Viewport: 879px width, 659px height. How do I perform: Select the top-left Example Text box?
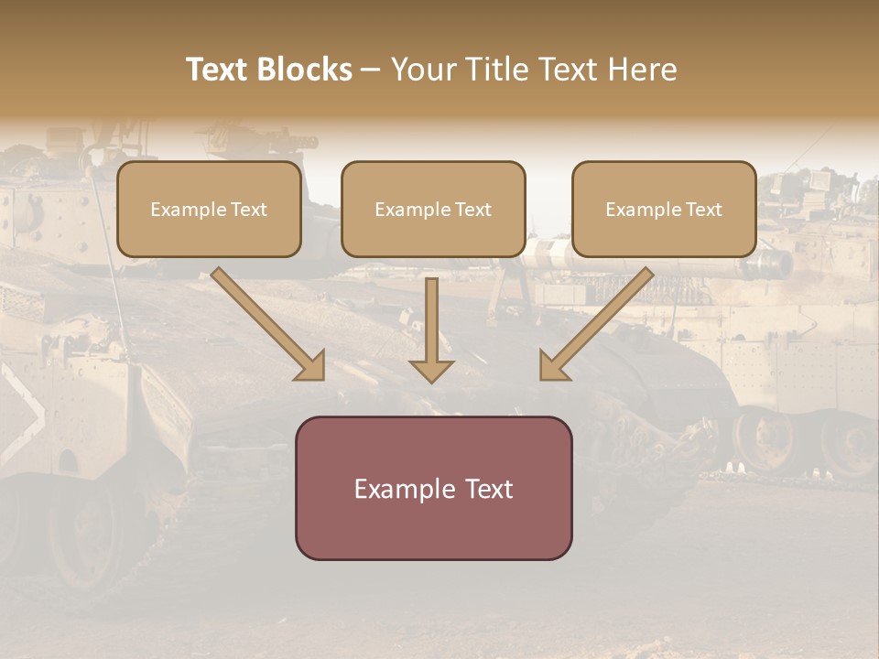209,209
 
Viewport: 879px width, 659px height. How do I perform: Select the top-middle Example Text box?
433,209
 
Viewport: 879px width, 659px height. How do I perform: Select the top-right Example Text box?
664,209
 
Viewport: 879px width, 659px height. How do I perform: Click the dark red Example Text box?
433,488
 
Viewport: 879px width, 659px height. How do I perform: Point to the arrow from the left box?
266,322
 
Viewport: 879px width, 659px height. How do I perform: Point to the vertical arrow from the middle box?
431,325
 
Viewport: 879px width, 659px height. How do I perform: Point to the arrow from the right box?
599,322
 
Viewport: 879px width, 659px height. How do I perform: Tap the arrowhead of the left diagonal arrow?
311,366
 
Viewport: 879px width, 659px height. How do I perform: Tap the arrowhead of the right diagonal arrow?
553,366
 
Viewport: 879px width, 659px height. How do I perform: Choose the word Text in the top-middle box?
473,210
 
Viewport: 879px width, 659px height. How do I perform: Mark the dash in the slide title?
372,70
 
